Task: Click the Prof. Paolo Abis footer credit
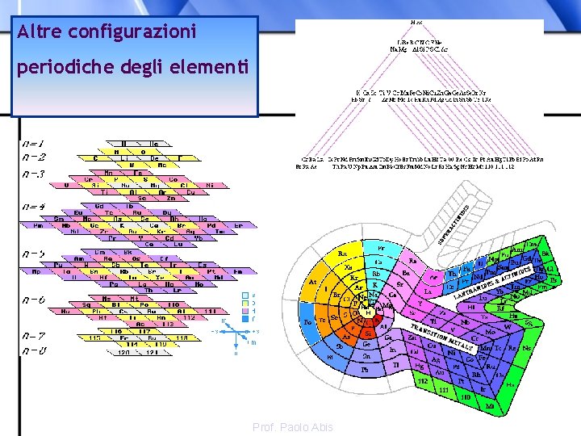(x=292, y=427)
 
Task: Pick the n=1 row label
(x=35, y=144)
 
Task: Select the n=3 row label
(x=35, y=174)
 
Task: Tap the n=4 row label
(x=35, y=207)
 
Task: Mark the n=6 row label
(x=35, y=300)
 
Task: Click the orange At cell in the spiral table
(x=313, y=282)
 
